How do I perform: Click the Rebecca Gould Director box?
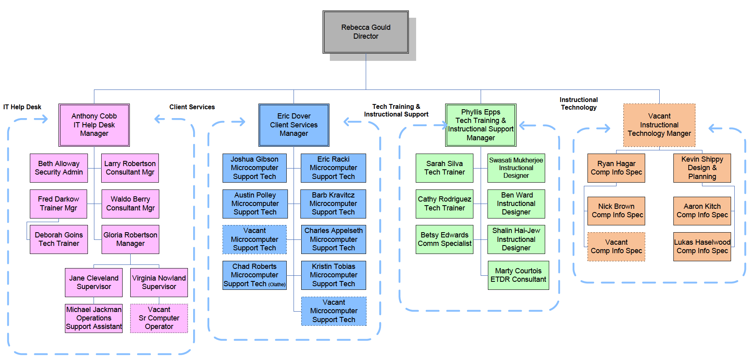point(366,32)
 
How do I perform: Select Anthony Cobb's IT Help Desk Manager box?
point(94,125)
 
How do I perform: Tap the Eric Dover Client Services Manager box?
point(294,125)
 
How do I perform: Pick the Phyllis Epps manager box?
point(481,125)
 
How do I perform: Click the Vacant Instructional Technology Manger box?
point(659,125)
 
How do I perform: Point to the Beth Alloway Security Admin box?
point(59,168)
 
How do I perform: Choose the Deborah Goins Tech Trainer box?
point(59,239)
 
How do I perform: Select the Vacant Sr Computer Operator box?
point(159,318)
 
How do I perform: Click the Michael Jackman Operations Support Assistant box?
point(94,318)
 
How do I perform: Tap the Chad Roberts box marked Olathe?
point(254,275)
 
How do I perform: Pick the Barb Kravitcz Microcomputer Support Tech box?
point(333,204)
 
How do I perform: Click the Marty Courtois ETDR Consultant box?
point(518,275)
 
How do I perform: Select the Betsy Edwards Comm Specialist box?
point(444,239)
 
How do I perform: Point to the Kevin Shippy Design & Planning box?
point(702,168)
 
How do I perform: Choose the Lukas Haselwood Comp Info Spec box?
point(702,247)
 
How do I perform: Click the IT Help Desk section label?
point(22,107)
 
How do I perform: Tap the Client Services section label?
point(192,107)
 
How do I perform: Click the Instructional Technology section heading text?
point(579,104)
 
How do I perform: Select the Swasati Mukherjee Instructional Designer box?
point(516,168)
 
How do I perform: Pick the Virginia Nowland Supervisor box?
point(159,283)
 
